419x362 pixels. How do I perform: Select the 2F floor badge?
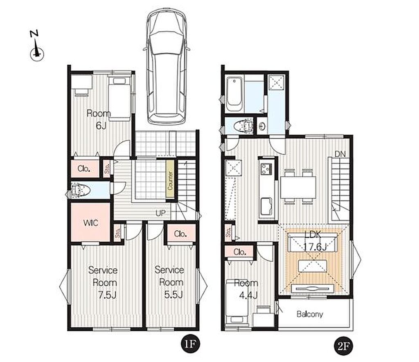coord(344,346)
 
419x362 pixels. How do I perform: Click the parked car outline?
coord(167,67)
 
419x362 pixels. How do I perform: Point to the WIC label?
coord(90,223)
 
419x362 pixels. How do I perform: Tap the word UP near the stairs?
coord(160,213)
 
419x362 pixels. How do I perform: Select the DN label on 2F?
coord(340,154)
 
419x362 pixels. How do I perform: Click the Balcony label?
coord(310,314)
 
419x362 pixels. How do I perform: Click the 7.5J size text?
coord(107,295)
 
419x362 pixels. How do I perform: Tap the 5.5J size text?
coord(173,295)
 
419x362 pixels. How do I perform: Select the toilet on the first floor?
coord(81,190)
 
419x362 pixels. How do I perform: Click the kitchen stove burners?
coord(266,168)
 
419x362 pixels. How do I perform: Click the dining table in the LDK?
coord(298,187)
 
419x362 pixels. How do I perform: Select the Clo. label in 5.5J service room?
coord(180,234)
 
